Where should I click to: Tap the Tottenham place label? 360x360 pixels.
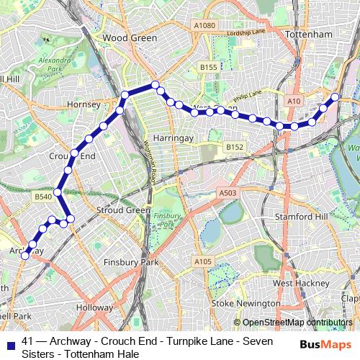pyautogui.click(x=307, y=34)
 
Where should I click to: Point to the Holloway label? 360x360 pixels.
pyautogui.click(x=90, y=307)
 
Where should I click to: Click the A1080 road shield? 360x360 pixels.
pyautogui.click(x=204, y=25)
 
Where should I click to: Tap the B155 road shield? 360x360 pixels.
pyautogui.click(x=209, y=67)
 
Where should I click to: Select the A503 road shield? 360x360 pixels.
pyautogui.click(x=228, y=193)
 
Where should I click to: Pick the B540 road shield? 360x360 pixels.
pyautogui.click(x=42, y=195)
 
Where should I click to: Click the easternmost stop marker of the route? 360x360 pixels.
pyautogui.click(x=336, y=96)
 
